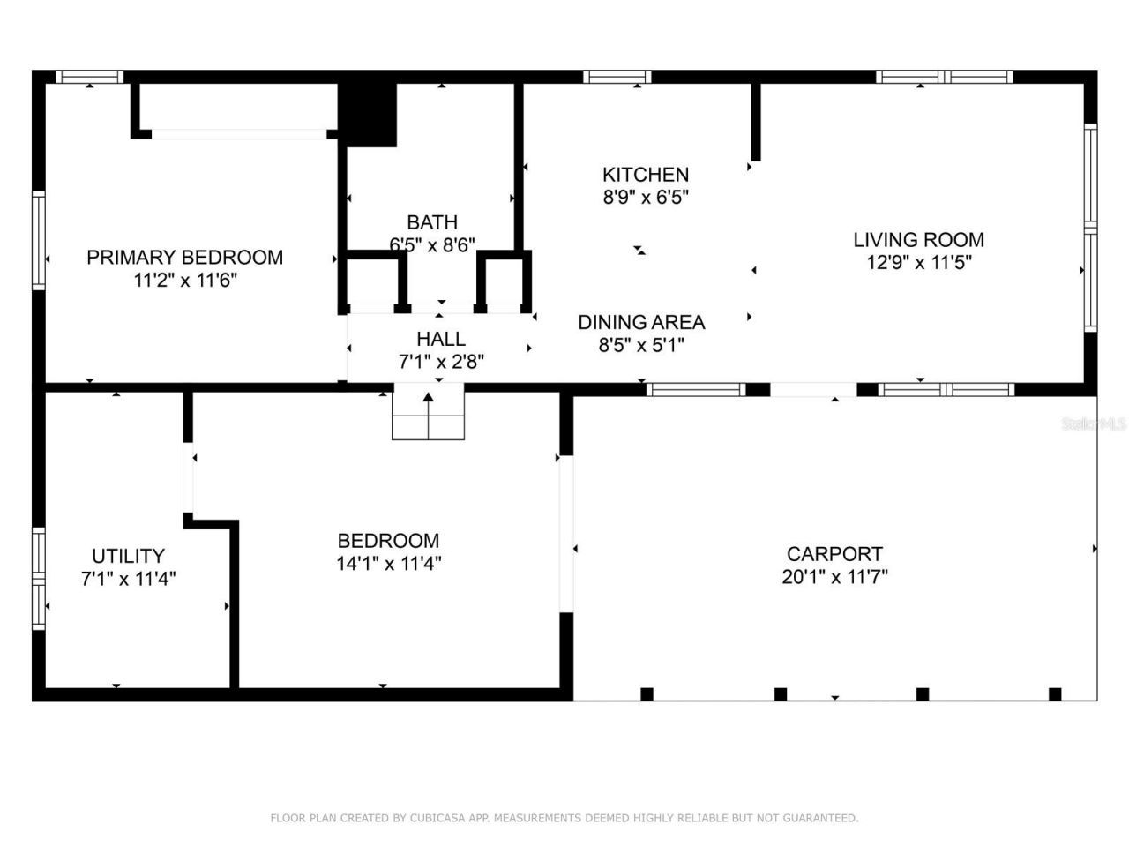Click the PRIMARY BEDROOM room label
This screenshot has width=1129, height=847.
(x=184, y=258)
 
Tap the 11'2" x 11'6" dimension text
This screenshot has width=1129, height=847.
(x=184, y=281)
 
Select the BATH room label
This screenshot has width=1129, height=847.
(x=432, y=222)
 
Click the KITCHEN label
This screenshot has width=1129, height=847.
(x=645, y=175)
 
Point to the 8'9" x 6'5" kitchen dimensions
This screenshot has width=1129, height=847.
(x=645, y=198)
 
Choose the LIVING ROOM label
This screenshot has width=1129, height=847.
(x=918, y=239)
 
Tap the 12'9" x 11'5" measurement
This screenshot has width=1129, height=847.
(x=918, y=262)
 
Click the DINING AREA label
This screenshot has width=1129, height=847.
(x=641, y=323)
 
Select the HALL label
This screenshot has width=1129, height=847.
(x=440, y=339)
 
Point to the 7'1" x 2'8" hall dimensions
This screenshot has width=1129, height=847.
(x=440, y=362)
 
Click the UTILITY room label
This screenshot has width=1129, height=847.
(x=128, y=556)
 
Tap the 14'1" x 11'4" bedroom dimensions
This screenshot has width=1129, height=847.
(x=388, y=564)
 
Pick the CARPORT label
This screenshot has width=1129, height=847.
(x=834, y=554)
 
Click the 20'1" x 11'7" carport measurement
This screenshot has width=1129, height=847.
(x=834, y=577)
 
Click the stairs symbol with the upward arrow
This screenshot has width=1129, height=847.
(x=429, y=415)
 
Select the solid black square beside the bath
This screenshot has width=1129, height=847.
(x=368, y=113)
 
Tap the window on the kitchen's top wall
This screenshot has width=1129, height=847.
(x=617, y=77)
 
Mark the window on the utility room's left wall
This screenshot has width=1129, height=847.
(x=38, y=578)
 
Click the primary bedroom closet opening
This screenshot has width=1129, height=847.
(x=238, y=134)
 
